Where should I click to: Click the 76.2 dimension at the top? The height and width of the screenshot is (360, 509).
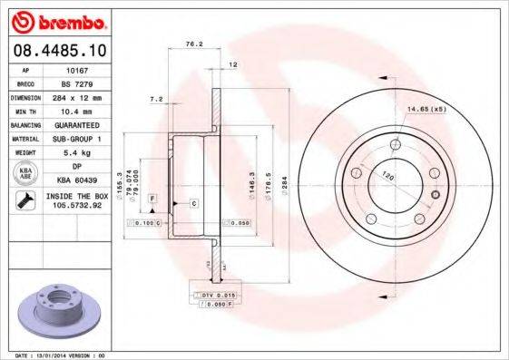coord(192,43)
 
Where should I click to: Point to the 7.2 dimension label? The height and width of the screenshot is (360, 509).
coord(155,99)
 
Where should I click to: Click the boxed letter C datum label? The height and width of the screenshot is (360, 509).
coord(194,203)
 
